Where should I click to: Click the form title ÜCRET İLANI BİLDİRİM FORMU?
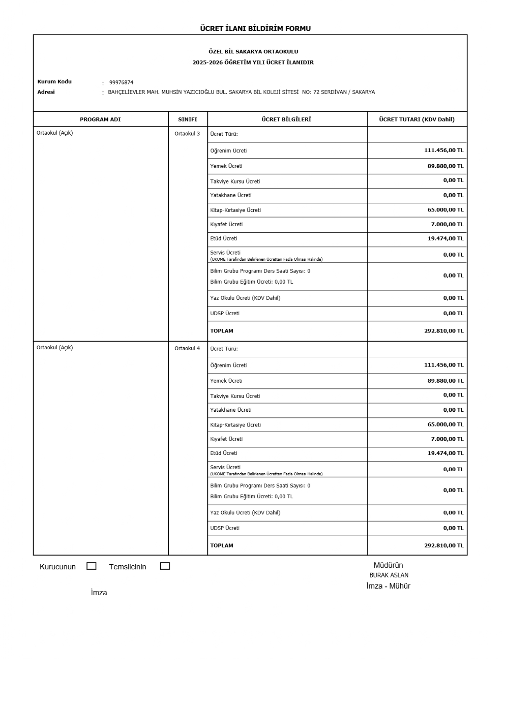[x=255, y=29]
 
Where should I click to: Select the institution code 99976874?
[x=121, y=83]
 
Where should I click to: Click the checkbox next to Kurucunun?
[x=92, y=566]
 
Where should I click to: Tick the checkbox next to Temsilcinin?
[x=165, y=566]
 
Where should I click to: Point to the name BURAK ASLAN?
[x=389, y=575]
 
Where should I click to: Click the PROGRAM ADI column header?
[x=100, y=119]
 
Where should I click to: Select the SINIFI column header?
[x=188, y=119]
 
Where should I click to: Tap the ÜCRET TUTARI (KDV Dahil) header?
[x=417, y=119]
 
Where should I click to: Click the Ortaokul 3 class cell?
[x=187, y=134]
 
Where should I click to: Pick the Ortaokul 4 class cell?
[x=187, y=349]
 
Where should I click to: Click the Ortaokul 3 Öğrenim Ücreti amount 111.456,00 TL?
[x=444, y=150]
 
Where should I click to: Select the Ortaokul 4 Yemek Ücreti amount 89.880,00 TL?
[x=445, y=381]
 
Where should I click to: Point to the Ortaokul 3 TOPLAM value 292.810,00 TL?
[x=444, y=331]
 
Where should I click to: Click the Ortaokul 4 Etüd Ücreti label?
[x=224, y=453]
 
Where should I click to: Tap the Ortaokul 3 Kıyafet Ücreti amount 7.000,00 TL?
[x=447, y=224]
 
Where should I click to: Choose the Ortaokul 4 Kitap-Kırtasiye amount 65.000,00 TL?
[x=445, y=424]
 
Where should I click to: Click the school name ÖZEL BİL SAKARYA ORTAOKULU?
[x=253, y=52]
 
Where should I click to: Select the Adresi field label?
[x=46, y=92]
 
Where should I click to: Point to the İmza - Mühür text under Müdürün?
[x=388, y=586]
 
